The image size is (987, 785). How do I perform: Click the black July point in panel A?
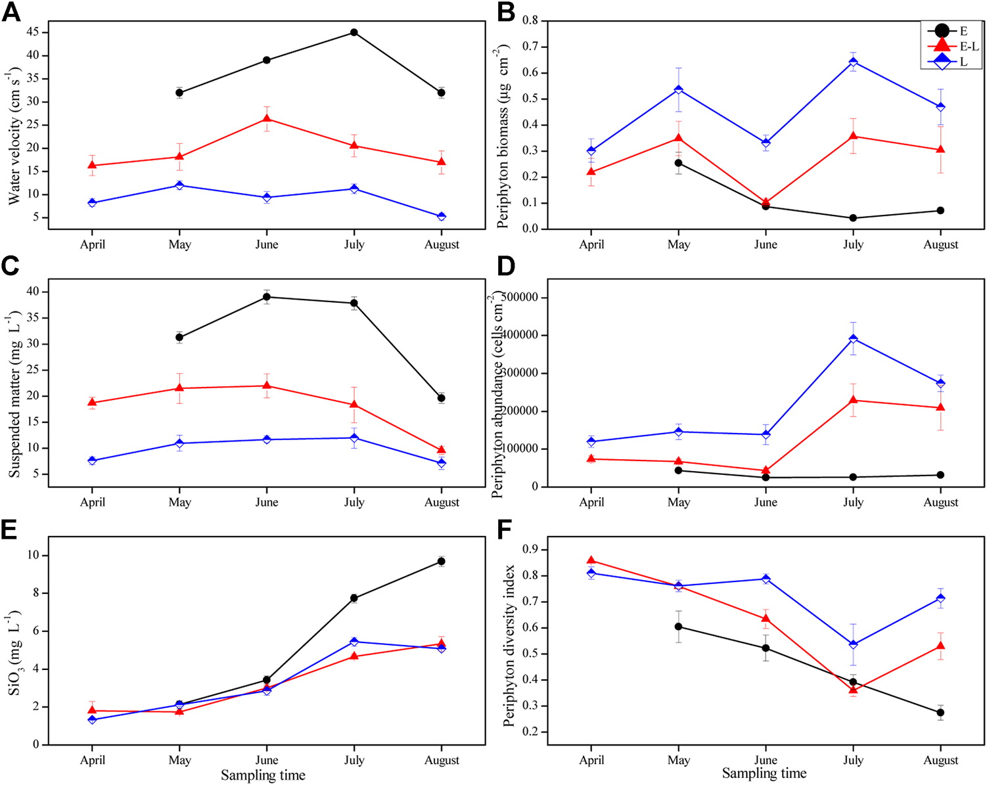click(354, 32)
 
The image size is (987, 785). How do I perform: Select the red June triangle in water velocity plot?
click(267, 118)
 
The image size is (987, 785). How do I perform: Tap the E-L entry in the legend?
click(969, 46)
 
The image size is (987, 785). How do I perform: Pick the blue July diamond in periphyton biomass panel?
click(853, 62)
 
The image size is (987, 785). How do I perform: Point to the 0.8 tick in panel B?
click(530, 21)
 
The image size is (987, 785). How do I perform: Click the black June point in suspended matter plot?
click(267, 297)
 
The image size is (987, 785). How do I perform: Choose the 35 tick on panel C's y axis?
click(34, 318)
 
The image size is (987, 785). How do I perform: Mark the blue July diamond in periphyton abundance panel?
click(853, 339)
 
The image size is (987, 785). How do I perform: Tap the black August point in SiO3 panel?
click(442, 562)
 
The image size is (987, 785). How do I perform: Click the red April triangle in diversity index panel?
click(591, 561)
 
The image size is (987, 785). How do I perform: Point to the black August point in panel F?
click(940, 713)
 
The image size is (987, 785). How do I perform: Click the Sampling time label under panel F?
click(764, 774)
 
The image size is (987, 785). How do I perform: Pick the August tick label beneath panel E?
click(442, 760)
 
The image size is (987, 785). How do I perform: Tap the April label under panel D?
click(591, 503)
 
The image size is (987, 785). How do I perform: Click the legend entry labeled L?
click(963, 62)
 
